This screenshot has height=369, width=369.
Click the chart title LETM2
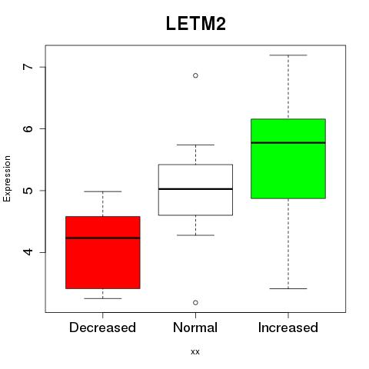pos(196,24)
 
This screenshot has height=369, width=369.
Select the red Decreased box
pos(103,252)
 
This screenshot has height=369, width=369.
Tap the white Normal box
pos(195,190)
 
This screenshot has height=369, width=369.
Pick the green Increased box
pos(288,158)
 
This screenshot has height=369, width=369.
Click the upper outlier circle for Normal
pos(195,75)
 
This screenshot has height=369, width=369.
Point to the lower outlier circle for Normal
pos(195,303)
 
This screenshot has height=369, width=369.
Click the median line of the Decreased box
pos(103,238)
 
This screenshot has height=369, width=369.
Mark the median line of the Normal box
pos(195,189)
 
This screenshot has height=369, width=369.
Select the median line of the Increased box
pos(288,143)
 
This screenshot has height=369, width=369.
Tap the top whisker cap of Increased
pos(288,55)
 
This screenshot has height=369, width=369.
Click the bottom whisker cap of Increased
pos(288,288)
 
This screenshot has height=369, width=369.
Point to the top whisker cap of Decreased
pos(103,191)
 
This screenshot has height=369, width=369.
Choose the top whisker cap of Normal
pos(195,145)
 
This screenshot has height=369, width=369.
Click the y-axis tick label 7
pos(28,67)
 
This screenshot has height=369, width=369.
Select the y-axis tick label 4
pos(28,252)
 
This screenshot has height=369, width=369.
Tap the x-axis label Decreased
pos(102,327)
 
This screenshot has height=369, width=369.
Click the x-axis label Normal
pos(195,327)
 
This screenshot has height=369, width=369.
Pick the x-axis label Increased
pos(288,327)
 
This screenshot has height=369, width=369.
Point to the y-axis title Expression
pos(7,178)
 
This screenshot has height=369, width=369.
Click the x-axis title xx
pos(195,352)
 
